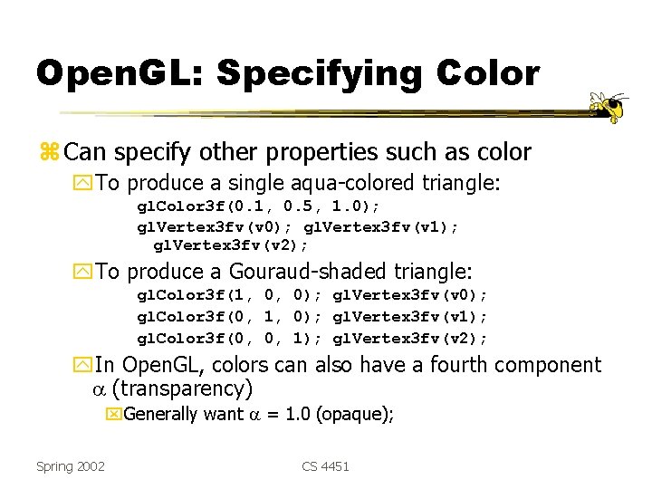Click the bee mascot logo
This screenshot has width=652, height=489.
tap(609, 107)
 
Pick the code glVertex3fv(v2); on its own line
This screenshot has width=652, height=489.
tap(231, 244)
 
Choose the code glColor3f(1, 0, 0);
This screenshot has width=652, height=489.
tap(230, 295)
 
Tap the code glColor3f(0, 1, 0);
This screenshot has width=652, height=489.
tap(230, 317)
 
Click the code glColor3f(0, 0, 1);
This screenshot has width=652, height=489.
tap(230, 339)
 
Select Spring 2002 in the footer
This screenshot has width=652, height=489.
tap(71, 465)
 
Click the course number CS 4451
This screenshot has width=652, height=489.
tap(325, 465)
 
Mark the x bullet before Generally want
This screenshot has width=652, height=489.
tap(113, 415)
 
